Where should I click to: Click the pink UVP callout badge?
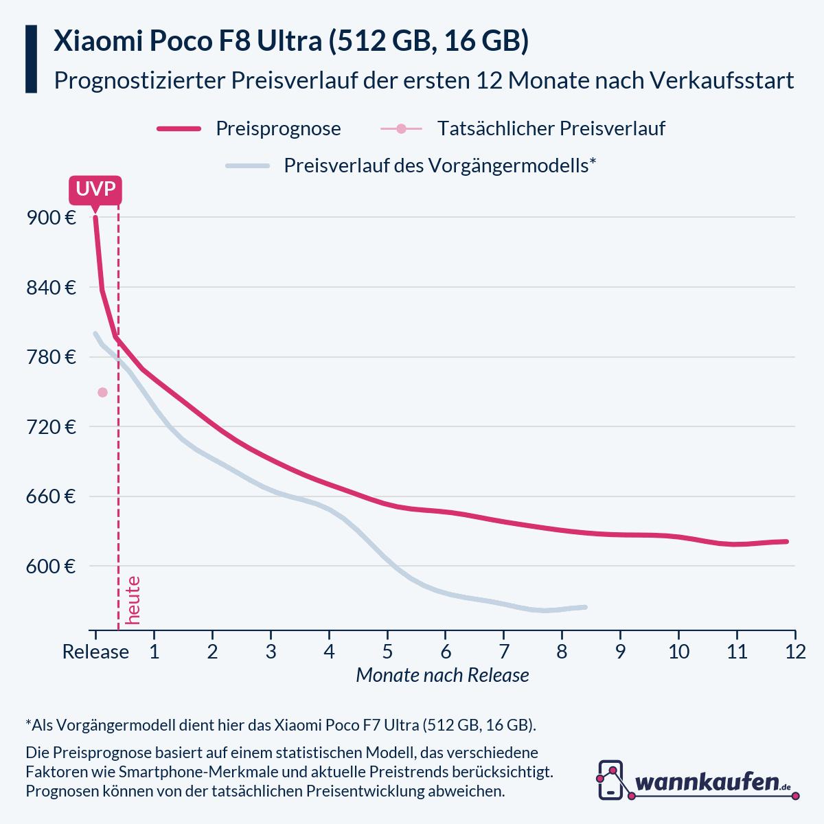(95, 190)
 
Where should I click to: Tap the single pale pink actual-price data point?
(102, 392)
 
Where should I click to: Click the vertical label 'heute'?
(133, 600)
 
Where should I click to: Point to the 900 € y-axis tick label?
(51, 218)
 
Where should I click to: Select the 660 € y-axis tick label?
(51, 496)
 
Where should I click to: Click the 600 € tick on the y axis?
(51, 566)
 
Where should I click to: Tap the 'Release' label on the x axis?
(95, 652)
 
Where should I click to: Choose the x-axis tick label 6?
(446, 652)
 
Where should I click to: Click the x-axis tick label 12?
(795, 652)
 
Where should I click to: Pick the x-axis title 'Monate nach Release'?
(442, 676)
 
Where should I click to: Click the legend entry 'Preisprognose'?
(278, 129)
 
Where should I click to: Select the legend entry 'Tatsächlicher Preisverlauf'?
(551, 129)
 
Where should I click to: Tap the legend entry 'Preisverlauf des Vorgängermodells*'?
(439, 166)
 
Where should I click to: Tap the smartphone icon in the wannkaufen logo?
(610, 780)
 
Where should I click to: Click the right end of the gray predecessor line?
(585, 607)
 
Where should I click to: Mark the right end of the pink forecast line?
(786, 542)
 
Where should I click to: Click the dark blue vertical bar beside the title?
(31, 59)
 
